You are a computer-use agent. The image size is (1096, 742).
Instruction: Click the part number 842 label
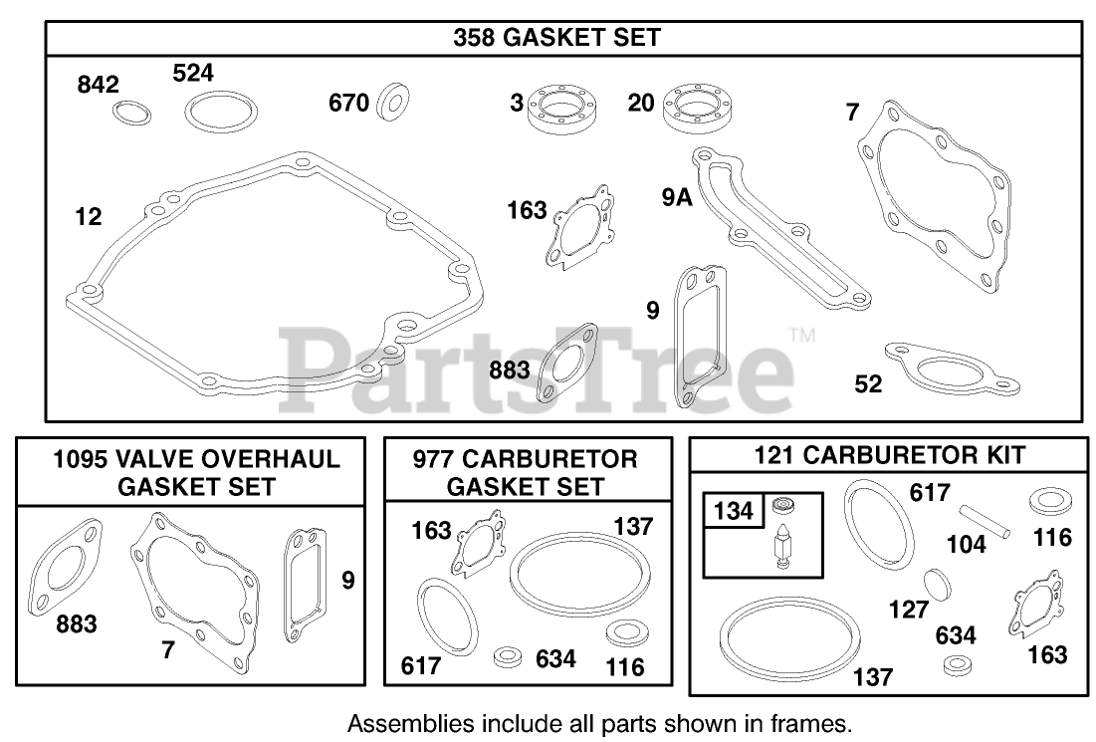pos(98,87)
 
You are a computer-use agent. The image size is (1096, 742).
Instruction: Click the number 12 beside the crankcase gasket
pos(89,216)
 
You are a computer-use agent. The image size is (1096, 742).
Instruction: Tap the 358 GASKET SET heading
pos(556,38)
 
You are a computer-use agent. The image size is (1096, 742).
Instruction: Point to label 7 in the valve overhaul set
pos(168,650)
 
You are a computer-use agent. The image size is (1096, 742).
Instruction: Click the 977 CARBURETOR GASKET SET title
pos(526,472)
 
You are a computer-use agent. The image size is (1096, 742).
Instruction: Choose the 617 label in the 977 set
pos(421,665)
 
